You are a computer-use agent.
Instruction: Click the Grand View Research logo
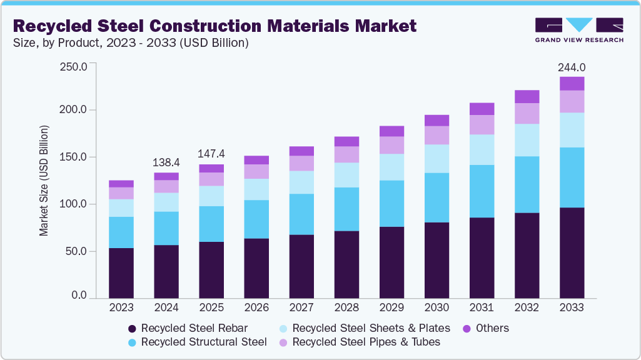pyautogui.click(x=578, y=30)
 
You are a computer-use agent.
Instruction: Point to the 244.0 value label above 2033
pyautogui.click(x=572, y=67)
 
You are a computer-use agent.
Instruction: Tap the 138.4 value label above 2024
pyautogui.click(x=166, y=162)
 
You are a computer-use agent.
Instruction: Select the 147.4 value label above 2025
pyautogui.click(x=211, y=154)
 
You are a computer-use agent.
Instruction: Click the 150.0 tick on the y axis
pyautogui.click(x=73, y=157)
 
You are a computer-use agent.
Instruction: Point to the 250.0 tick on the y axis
pyautogui.click(x=73, y=66)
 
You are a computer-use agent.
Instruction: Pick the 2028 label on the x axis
pyautogui.click(x=346, y=308)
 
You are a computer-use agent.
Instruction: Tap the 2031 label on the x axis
pyautogui.click(x=482, y=308)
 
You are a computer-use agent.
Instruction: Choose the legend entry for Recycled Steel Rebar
pyautogui.click(x=188, y=328)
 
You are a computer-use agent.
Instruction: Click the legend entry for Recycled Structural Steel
pyautogui.click(x=197, y=342)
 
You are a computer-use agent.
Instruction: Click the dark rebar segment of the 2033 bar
pyautogui.click(x=572, y=252)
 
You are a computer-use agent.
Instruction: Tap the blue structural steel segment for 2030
pyautogui.click(x=437, y=197)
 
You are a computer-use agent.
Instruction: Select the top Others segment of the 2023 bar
pyautogui.click(x=121, y=184)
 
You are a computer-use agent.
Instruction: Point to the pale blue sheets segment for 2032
pyautogui.click(x=527, y=140)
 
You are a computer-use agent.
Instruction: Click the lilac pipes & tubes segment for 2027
pyautogui.click(x=301, y=163)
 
